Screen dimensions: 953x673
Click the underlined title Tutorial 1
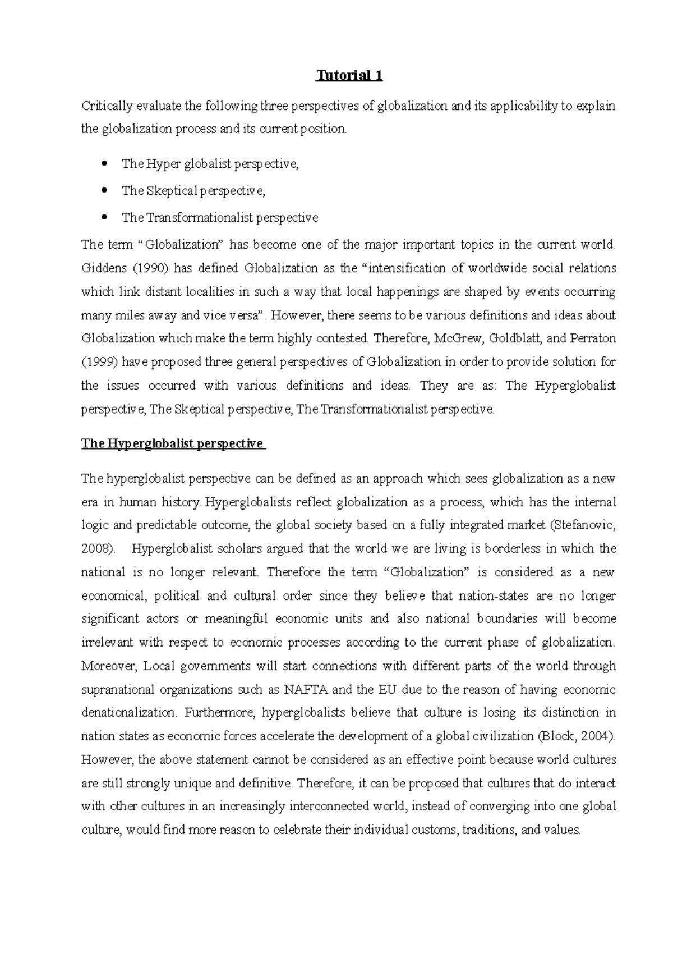pos(349,76)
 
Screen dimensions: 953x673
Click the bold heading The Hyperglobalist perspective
pos(172,443)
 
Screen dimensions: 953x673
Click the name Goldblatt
pos(512,338)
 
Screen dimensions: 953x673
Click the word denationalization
pos(128,713)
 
